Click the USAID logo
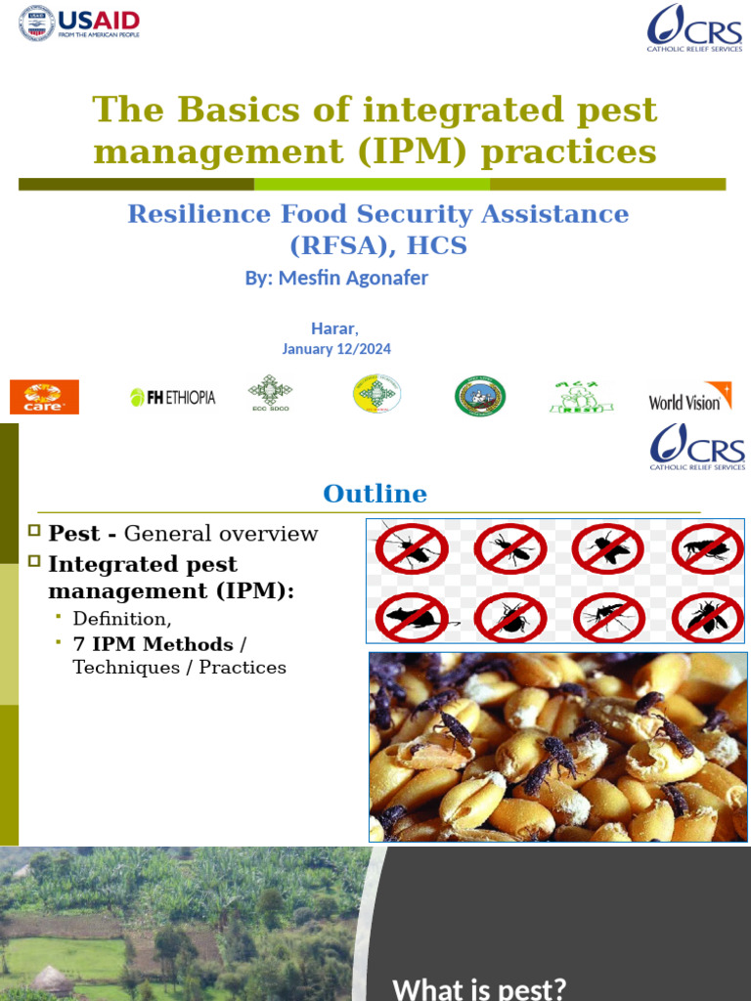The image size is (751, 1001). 80,22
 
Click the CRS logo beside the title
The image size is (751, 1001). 695,26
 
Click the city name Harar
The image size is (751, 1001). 333,328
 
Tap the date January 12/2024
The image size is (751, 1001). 336,349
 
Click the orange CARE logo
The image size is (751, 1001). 44,397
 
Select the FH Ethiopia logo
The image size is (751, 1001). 173,397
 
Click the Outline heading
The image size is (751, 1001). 375,494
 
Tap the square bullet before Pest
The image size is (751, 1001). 34,531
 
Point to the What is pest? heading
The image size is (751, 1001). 479,988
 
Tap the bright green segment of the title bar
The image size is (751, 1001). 372,184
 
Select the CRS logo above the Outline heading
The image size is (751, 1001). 697,447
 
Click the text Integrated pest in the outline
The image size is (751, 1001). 143,564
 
